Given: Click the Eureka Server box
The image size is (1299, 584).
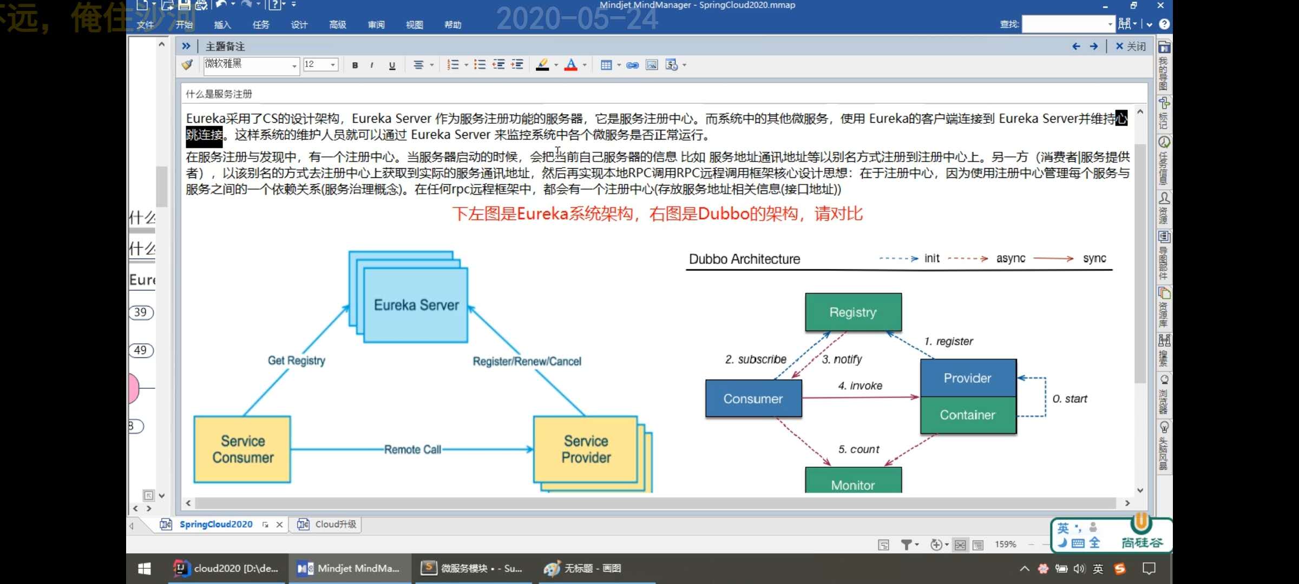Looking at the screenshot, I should coord(416,305).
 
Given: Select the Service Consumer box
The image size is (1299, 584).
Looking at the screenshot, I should coord(242,449).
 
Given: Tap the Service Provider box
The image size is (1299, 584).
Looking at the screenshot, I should coord(586,449).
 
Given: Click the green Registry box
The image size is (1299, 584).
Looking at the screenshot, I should coord(853,312).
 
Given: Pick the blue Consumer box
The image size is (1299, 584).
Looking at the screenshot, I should coord(753,399).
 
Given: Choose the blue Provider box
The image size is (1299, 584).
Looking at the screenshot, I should coord(968,378).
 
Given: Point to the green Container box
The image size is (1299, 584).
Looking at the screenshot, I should coord(968,415).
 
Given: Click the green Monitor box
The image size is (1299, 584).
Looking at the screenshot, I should coord(853,483).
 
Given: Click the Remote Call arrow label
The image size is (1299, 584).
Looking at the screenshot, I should coord(412,449).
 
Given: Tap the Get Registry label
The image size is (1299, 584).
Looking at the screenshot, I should coord(297,361).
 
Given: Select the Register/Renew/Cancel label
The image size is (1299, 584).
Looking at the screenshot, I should coord(527,361).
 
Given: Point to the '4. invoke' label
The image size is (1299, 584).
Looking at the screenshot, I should coord(860,386).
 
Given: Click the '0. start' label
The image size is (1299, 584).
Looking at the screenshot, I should coord(1070,399).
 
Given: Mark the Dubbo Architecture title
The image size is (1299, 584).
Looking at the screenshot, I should coord(744,259).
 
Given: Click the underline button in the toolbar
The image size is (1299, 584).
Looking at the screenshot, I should coord(392,65).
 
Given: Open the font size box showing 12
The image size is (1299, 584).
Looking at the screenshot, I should coord(320,65).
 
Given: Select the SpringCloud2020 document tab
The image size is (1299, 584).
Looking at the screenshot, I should coord(215,524).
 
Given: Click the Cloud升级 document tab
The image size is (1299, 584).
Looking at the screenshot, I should coord(335,524).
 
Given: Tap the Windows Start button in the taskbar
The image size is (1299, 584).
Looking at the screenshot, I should coord(144,568).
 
